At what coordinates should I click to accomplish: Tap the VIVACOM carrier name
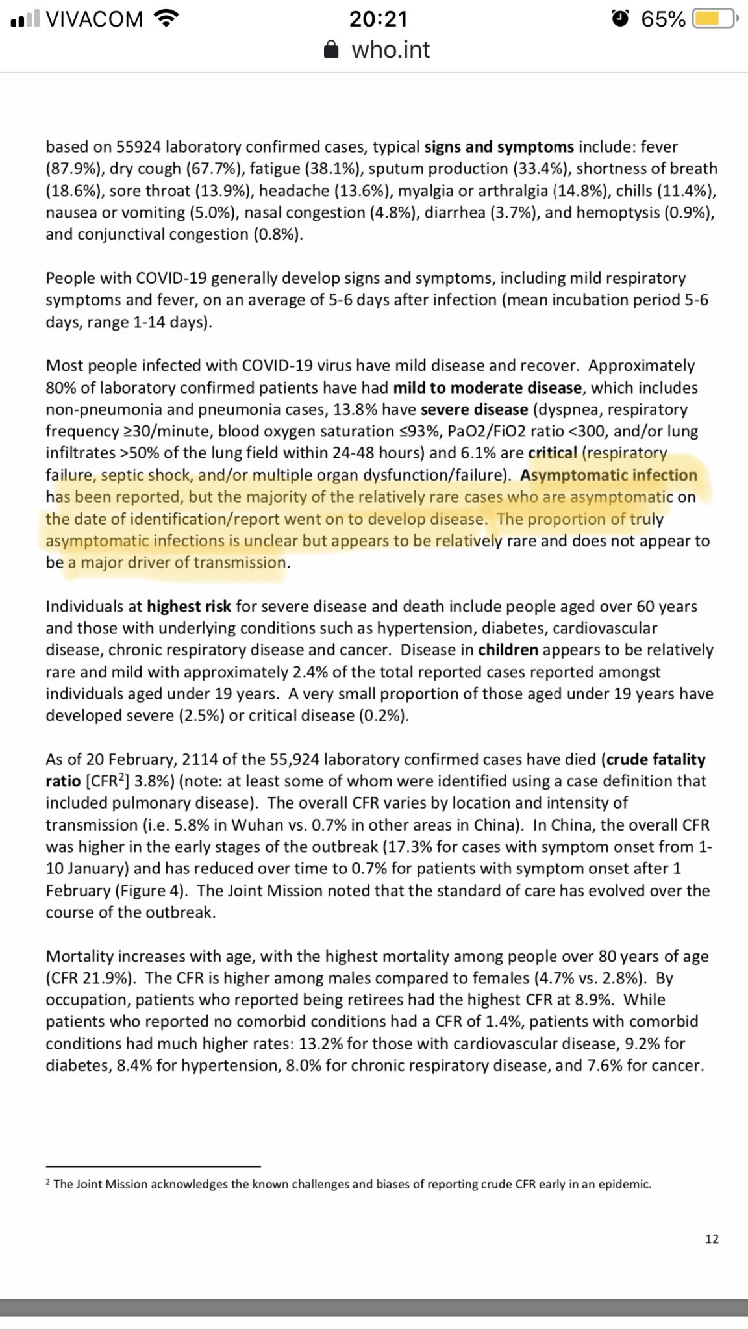tap(95, 19)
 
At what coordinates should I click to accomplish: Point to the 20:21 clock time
tap(379, 19)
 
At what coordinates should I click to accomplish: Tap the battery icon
tap(714, 19)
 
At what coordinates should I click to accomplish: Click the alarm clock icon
tap(620, 19)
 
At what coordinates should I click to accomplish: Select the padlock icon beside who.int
tap(331, 50)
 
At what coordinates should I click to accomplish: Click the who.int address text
tap(391, 50)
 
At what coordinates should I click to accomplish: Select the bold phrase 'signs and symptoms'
tap(499, 147)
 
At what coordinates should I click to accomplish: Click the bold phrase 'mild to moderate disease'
tap(487, 388)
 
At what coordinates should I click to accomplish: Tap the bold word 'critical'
tap(553, 453)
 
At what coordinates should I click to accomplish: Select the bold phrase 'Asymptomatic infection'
tap(608, 475)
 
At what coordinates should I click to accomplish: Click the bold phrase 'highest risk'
tap(188, 607)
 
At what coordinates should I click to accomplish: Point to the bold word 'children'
tap(508, 650)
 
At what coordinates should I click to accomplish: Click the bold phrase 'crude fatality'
tap(656, 759)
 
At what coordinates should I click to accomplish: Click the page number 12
tap(712, 1239)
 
